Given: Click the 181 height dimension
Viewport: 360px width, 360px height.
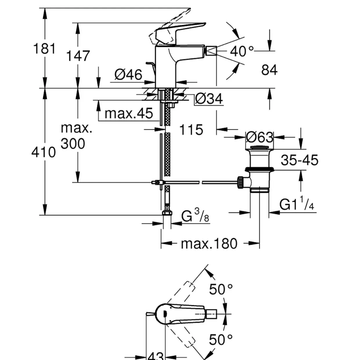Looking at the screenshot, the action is click(44, 48).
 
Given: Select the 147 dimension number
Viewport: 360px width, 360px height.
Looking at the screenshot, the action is click(78, 56).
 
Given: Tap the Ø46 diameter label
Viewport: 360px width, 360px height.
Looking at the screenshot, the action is click(128, 75).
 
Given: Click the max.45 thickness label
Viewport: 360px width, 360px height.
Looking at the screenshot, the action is click(129, 113).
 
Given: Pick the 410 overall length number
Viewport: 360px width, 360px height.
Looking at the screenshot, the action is click(44, 152).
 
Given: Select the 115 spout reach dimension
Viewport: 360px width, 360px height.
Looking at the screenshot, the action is click(191, 130).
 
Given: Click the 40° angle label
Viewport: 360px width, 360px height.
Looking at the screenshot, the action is click(242, 51).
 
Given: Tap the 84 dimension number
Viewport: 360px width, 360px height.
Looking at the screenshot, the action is click(269, 70).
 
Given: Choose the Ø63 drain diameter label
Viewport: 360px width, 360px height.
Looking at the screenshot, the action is click(259, 137).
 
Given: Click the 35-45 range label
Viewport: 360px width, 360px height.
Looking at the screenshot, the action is click(299, 160).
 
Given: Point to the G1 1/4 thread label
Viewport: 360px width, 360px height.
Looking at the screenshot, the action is click(297, 204).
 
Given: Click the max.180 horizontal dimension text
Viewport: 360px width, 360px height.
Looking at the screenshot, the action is click(209, 244).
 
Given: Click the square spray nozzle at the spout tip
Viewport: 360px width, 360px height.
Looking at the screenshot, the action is click(211, 51).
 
